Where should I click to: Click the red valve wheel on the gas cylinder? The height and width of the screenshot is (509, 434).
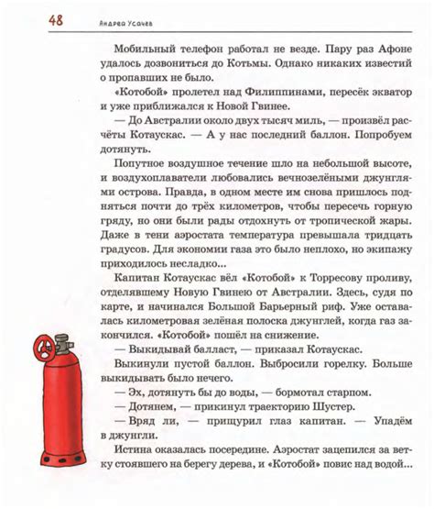point(41,349)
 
